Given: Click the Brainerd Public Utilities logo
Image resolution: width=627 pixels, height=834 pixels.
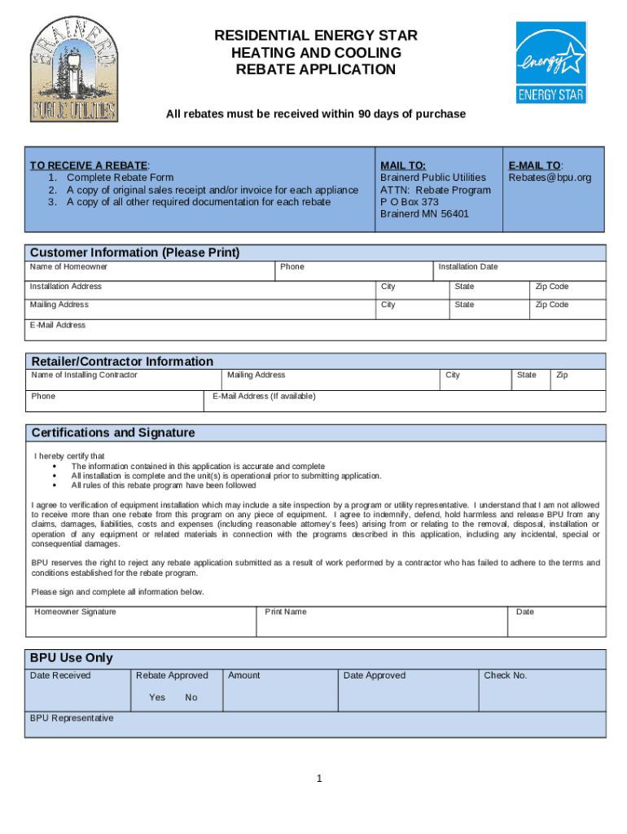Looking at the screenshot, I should pyautogui.click(x=73, y=69).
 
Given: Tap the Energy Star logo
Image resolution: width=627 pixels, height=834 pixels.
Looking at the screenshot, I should pyautogui.click(x=550, y=62).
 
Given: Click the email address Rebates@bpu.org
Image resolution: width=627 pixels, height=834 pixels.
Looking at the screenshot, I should pyautogui.click(x=550, y=178).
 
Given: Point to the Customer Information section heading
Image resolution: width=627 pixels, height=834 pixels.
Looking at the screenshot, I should pyautogui.click(x=134, y=252).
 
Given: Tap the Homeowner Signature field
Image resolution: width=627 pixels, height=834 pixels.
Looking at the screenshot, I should pyautogui.click(x=142, y=621).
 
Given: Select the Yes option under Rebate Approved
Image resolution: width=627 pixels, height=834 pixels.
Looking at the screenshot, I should pyautogui.click(x=157, y=698).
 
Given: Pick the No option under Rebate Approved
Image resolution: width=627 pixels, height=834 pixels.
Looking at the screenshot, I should pyautogui.click(x=191, y=698).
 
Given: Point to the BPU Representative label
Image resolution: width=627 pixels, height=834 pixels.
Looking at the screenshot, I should pyautogui.click(x=72, y=718).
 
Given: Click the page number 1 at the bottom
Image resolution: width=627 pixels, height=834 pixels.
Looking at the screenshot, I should pyautogui.click(x=320, y=779).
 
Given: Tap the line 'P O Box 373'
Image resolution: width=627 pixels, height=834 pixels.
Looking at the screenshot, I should pyautogui.click(x=410, y=202).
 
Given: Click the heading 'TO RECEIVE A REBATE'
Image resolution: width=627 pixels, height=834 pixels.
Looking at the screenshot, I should pyautogui.click(x=90, y=165).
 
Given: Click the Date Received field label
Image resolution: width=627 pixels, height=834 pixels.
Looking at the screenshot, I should pyautogui.click(x=60, y=675).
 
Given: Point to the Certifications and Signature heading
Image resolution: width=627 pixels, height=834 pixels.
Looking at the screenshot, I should pyautogui.click(x=112, y=432).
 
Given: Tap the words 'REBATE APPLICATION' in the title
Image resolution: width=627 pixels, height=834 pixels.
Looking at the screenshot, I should pyautogui.click(x=315, y=70).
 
